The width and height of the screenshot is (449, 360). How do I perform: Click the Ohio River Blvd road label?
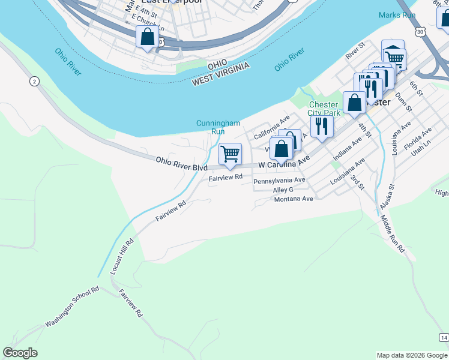(x=181, y=164)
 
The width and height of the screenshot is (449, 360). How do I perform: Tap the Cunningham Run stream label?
(x=218, y=127)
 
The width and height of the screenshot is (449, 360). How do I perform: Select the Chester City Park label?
(x=324, y=109)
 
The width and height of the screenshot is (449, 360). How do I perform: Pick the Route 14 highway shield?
(x=443, y=338)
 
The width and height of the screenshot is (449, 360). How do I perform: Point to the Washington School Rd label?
(x=72, y=307)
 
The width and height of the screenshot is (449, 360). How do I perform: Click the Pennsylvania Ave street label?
(x=280, y=181)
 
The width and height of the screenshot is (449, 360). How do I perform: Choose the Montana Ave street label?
(x=294, y=199)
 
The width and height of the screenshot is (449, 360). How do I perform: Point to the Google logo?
(x=20, y=353)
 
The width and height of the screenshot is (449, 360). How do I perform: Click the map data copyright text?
(x=412, y=355)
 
